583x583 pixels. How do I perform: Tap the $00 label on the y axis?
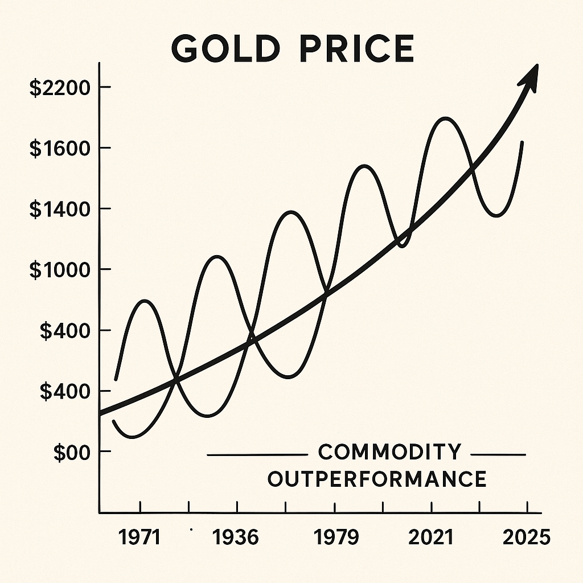coord(72,452)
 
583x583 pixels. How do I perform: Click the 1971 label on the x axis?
coord(141,537)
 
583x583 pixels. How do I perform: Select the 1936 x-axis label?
coord(235,537)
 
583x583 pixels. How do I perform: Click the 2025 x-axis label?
coord(527,537)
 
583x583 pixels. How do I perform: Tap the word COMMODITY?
coord(389,452)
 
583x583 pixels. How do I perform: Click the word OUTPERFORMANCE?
coord(377,479)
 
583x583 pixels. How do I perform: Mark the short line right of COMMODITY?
coord(499,455)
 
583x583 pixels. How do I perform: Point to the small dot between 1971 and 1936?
coord(191,529)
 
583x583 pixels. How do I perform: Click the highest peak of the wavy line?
coord(446,118)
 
